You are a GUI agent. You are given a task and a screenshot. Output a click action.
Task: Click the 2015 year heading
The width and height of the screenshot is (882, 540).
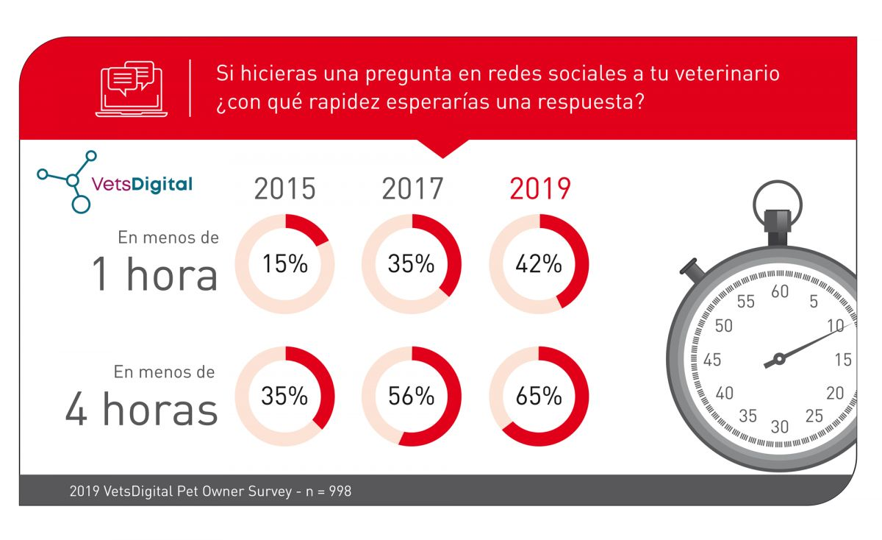coord(284,189)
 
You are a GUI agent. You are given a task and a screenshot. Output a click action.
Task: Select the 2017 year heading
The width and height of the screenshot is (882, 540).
coord(412,189)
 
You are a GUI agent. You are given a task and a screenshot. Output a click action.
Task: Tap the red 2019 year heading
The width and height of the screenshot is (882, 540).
coord(539,189)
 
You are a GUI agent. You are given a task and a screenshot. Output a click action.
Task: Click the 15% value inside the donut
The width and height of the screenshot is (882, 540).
coord(284,264)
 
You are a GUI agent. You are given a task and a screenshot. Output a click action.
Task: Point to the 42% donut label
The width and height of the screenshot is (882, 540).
coord(539,264)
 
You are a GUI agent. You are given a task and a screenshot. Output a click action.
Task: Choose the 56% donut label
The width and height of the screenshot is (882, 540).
coord(412,397)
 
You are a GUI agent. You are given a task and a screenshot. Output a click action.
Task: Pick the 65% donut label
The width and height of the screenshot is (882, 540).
coord(539,397)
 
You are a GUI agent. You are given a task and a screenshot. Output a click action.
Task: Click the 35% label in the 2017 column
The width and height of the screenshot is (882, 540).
coord(412,264)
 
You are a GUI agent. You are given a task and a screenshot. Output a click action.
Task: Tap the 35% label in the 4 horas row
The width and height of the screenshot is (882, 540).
coord(284,397)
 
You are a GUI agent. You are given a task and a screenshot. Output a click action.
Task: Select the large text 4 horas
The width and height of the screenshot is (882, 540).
coord(142,409)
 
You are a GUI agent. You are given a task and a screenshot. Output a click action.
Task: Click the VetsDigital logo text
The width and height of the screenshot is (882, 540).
coord(141,184)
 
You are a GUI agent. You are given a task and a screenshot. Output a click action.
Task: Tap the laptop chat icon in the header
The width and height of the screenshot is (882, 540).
coord(131,88)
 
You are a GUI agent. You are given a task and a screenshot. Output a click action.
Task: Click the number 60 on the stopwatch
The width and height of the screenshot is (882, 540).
coord(780,292)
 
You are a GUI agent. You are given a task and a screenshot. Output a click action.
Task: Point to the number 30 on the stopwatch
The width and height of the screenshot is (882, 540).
coord(780,427)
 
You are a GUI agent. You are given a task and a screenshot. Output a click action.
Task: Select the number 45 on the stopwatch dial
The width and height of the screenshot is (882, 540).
coord(711,360)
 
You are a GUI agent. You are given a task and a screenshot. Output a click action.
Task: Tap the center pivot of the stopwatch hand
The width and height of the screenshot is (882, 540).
coord(779,359)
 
